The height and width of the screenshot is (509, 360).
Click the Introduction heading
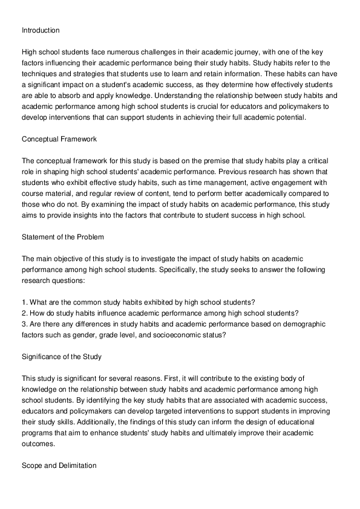[x=41, y=30]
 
